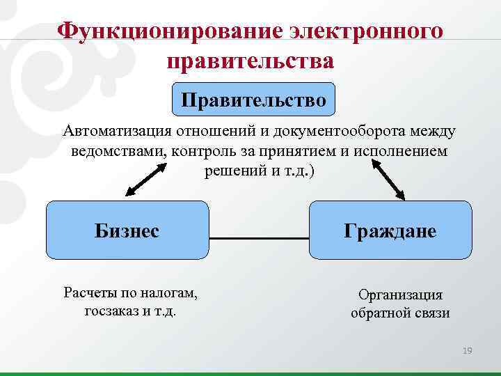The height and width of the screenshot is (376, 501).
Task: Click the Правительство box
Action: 253,100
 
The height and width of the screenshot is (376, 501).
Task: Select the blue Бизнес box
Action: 127,230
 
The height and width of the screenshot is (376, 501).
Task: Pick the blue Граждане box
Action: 390,230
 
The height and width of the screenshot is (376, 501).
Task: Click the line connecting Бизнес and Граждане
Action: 259,238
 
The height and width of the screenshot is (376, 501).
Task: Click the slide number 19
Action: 467,351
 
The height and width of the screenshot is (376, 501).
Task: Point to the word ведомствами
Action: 116,151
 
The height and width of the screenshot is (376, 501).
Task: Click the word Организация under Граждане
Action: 400,295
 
